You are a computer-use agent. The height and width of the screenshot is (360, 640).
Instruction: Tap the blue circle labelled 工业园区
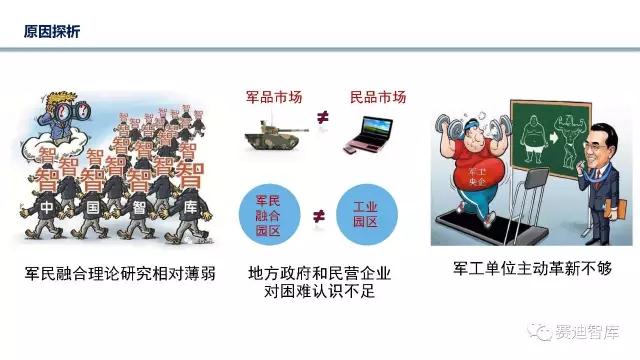click(371, 213)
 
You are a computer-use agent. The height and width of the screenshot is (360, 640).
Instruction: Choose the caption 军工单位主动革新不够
click(519, 269)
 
